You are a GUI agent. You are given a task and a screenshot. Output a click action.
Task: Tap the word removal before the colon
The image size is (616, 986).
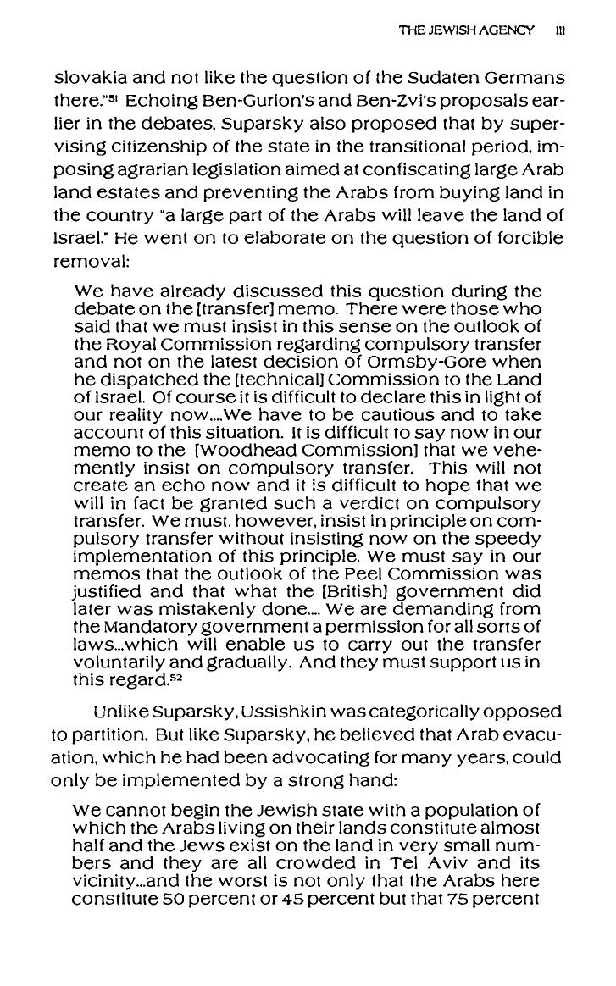[85, 260]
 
